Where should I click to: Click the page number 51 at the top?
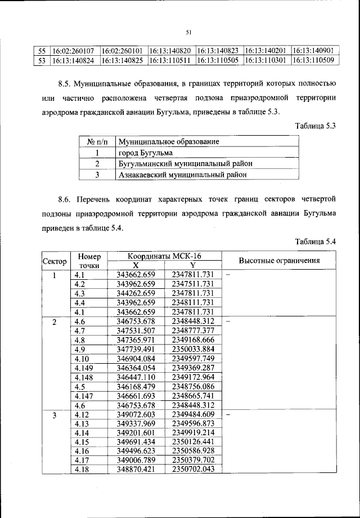click(x=188, y=32)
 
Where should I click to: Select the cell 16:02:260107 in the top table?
click(x=74, y=51)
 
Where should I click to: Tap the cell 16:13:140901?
click(x=313, y=51)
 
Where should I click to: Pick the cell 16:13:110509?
click(x=313, y=59)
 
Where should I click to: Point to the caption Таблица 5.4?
click(x=315, y=242)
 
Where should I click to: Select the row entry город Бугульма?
click(x=145, y=153)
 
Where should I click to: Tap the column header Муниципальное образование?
click(x=168, y=141)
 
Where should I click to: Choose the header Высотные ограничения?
click(x=280, y=261)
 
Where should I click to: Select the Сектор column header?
click(x=55, y=261)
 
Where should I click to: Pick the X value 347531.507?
click(x=135, y=330)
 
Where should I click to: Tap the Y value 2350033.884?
click(x=193, y=349)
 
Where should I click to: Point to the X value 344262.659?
click(x=135, y=293)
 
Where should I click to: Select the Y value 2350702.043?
click(x=193, y=469)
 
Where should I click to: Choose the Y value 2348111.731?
click(x=193, y=302)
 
